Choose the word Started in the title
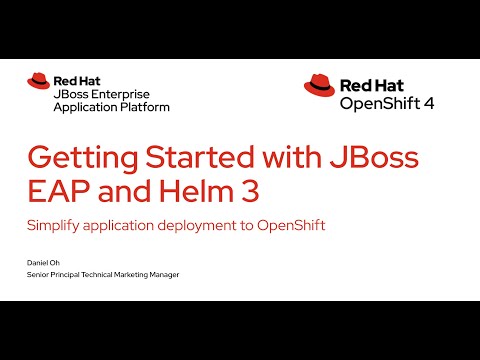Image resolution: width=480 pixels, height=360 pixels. (187, 160)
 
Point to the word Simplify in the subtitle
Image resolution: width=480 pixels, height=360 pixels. (53, 226)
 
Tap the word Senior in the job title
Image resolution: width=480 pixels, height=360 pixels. (39, 274)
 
